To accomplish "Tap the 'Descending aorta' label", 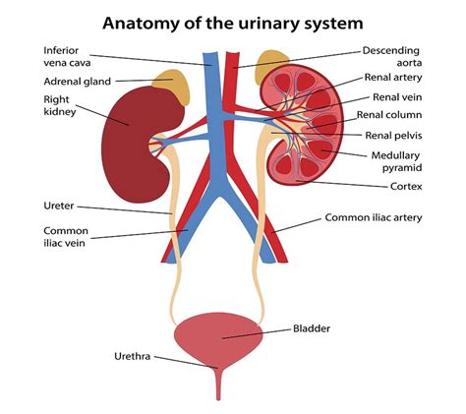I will pos(390,57).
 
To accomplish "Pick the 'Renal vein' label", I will pos(397,97).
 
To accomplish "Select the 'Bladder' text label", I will pos(313,330).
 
